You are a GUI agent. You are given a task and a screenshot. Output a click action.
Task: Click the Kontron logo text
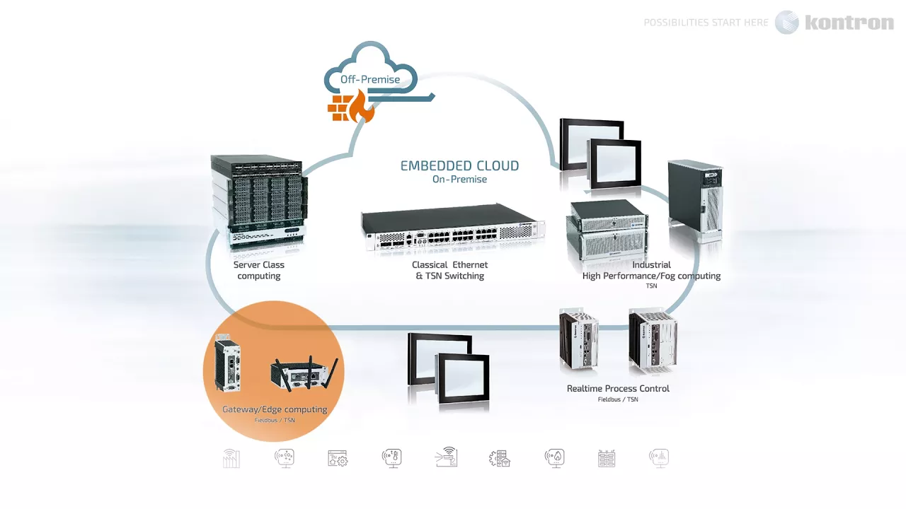click(x=849, y=23)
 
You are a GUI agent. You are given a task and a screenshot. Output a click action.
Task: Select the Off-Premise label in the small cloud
click(x=369, y=79)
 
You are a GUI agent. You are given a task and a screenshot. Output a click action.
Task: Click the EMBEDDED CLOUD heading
click(x=459, y=166)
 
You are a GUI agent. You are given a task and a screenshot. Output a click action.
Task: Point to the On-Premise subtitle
click(x=459, y=180)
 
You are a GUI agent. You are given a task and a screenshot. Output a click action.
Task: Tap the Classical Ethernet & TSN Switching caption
click(x=450, y=270)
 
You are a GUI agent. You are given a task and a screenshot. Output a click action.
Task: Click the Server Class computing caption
click(x=259, y=270)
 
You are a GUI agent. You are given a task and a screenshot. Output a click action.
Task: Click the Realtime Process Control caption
click(x=618, y=389)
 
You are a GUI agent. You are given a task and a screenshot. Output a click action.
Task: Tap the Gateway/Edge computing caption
click(x=275, y=409)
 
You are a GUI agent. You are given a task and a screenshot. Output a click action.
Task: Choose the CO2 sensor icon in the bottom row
click(x=285, y=458)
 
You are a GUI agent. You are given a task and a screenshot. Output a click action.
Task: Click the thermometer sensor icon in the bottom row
click(x=391, y=458)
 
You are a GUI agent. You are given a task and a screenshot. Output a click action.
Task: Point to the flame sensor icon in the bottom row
click(x=554, y=458)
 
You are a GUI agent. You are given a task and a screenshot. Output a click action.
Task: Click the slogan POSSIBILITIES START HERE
click(x=706, y=23)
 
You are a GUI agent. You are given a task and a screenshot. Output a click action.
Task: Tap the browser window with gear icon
click(x=338, y=458)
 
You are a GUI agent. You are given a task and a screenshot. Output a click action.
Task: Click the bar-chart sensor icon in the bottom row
click(x=659, y=458)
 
